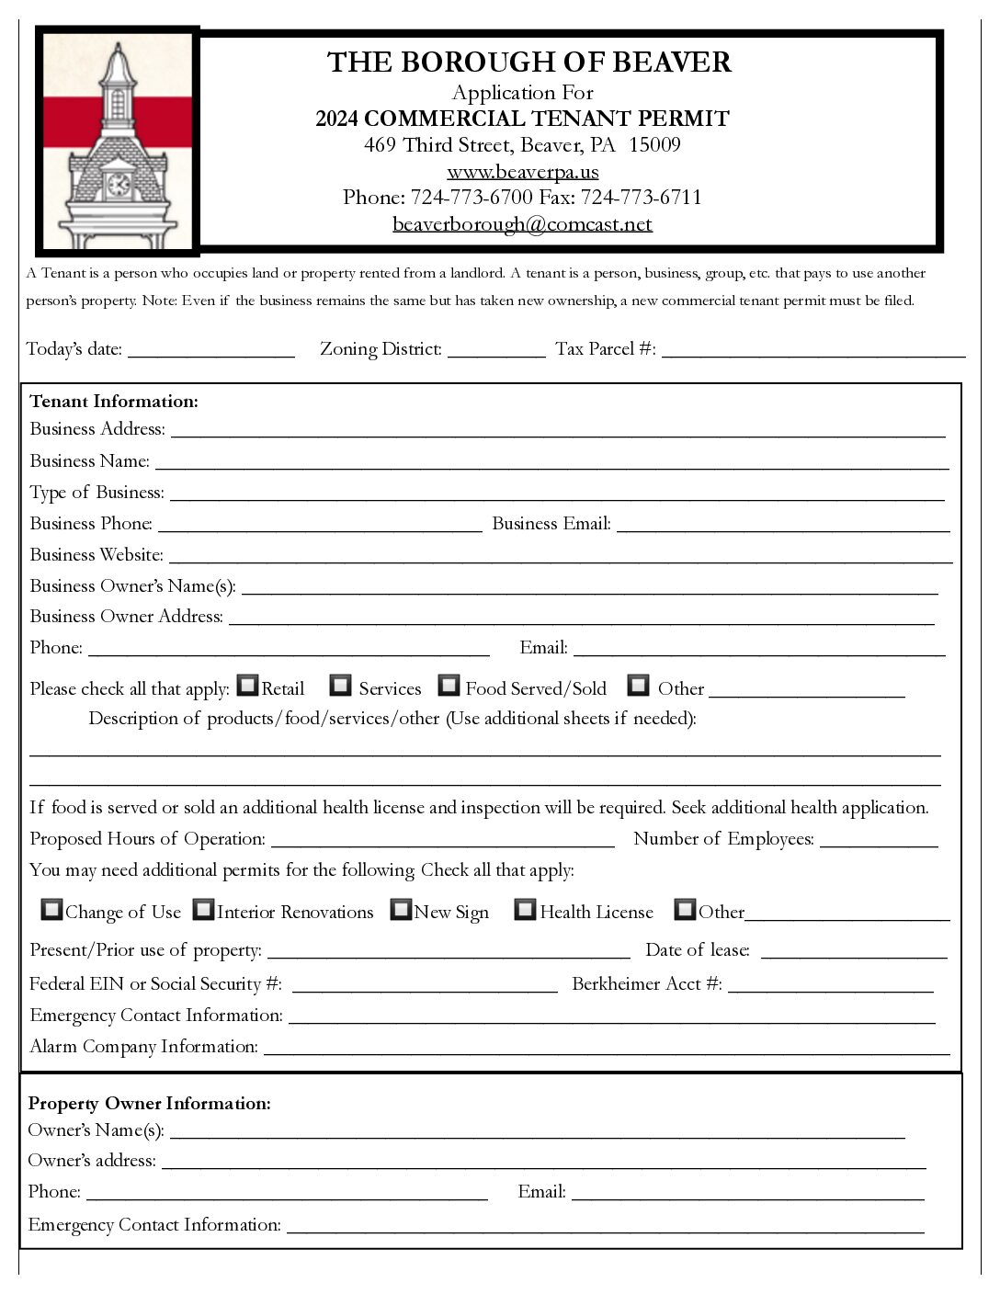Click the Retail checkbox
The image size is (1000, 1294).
[x=247, y=685]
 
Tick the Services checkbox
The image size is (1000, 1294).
[x=341, y=685]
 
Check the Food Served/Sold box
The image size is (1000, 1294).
[x=449, y=685]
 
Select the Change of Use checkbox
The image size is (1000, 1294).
[x=52, y=910]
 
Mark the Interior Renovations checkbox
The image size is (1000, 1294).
[x=203, y=910]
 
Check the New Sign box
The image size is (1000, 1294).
[x=401, y=910]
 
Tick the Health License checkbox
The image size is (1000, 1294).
[x=525, y=910]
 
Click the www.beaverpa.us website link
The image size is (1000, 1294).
[x=523, y=172]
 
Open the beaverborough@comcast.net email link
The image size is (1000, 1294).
[x=522, y=224]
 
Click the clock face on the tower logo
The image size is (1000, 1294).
[x=119, y=185]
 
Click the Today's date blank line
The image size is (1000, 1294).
[x=211, y=351]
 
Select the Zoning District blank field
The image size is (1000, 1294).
[x=496, y=351]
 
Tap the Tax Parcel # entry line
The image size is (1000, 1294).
[x=813, y=351]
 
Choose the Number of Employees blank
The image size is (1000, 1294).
[x=879, y=841]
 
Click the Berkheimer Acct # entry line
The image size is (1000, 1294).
[x=830, y=986]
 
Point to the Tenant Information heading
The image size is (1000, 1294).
[x=114, y=402]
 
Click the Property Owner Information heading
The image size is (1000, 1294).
[x=150, y=1104]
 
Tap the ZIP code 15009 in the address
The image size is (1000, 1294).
[x=654, y=145]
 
